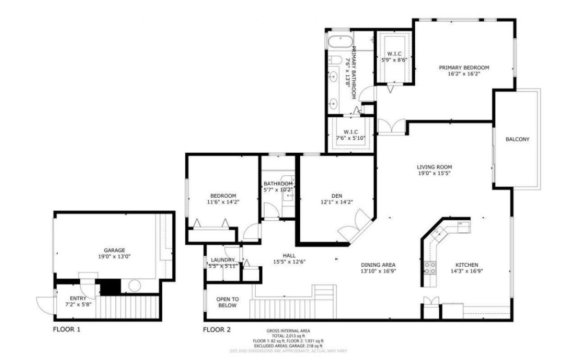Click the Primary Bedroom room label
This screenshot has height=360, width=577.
[x=464, y=68]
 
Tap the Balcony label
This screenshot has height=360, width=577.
[x=517, y=139]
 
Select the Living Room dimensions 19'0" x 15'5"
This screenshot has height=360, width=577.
[x=434, y=173]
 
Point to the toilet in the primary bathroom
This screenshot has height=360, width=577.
[x=335, y=59]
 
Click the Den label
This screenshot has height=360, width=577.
[x=336, y=196]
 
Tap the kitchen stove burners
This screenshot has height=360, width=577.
[x=430, y=268]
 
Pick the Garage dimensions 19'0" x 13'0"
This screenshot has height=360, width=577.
[x=114, y=256]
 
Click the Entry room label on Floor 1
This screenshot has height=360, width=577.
[x=78, y=298]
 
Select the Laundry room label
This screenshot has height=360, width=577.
[x=223, y=260]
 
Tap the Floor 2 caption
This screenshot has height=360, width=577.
[x=216, y=329]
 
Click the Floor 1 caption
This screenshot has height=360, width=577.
[x=67, y=329]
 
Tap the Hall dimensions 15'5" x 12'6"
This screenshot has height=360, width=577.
[x=289, y=261]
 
